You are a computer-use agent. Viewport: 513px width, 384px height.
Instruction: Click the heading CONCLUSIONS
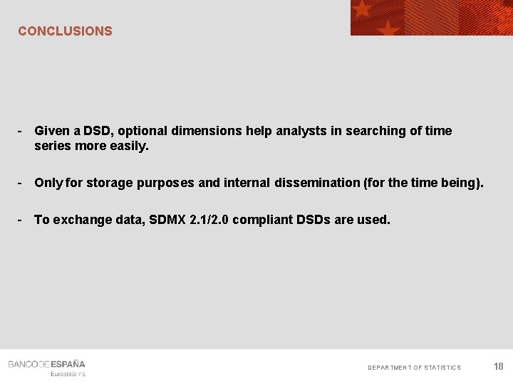tap(65, 31)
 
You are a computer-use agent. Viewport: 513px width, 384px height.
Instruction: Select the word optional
tap(145, 131)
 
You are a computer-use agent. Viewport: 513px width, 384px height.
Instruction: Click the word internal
tap(247, 183)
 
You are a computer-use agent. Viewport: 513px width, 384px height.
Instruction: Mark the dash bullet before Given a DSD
tap(21, 131)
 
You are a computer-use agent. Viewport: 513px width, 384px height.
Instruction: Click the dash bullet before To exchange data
tap(21, 220)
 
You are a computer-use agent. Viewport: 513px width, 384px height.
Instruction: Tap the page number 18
tap(498, 366)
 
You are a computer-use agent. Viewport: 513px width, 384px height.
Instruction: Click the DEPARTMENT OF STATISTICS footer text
tap(414, 368)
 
